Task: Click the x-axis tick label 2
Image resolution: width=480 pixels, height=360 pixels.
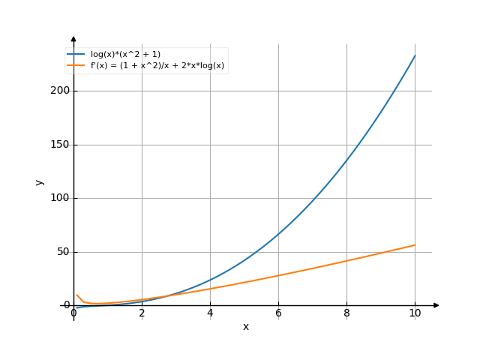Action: point(142,313)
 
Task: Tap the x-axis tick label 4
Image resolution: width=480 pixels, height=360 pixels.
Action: point(210,313)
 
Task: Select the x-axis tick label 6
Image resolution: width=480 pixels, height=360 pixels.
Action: point(278,313)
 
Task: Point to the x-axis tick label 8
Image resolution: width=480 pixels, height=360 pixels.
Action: point(346,313)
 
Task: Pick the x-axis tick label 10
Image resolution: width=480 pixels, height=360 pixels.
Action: point(415,313)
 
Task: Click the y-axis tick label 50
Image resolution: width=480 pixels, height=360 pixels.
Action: point(60,252)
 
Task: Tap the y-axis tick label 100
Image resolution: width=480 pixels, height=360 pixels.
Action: point(57,198)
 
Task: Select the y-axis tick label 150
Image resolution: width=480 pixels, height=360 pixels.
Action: point(57,145)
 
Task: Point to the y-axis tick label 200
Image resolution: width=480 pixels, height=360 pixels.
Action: point(57,91)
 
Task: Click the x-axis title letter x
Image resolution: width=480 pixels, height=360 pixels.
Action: point(245,327)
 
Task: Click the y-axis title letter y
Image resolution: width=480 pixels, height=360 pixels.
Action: point(40,181)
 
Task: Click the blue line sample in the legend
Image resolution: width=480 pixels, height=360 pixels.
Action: point(76,54)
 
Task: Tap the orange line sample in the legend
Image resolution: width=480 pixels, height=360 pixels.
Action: point(76,66)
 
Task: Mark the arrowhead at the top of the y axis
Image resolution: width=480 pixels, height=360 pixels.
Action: point(73,37)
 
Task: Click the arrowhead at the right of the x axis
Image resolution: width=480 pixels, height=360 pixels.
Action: point(436,305)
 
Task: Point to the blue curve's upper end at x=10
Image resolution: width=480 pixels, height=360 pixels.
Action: point(415,55)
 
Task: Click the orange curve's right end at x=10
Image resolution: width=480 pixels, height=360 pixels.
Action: point(415,245)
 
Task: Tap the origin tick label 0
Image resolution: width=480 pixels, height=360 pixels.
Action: point(73,313)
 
